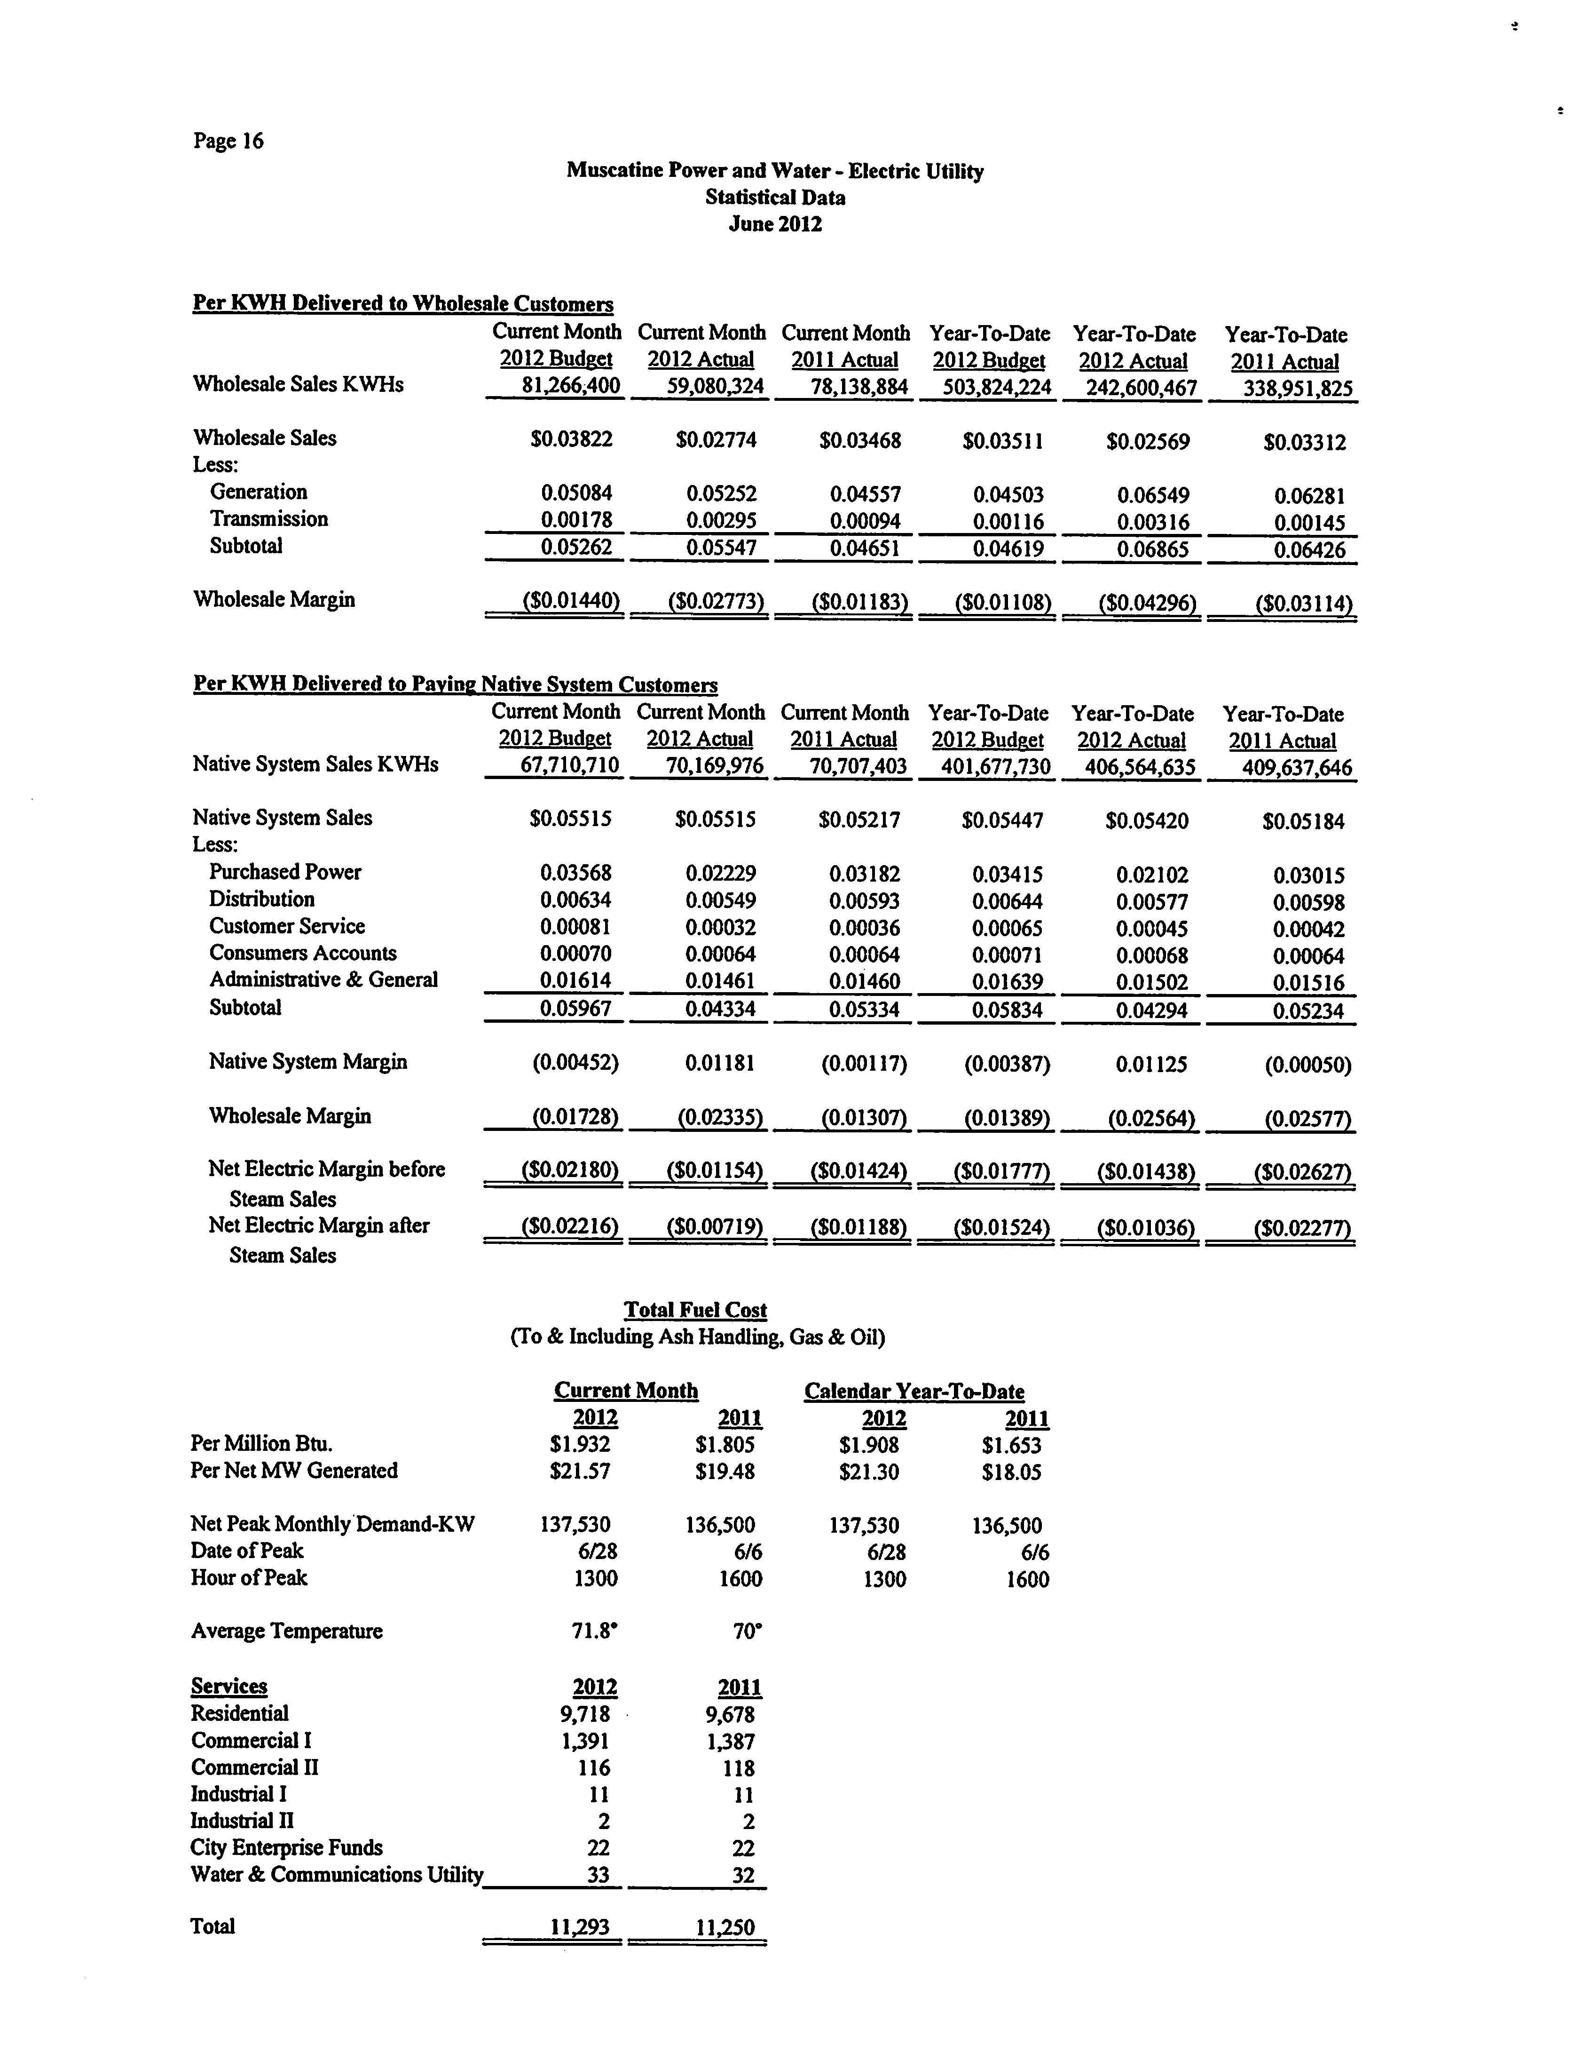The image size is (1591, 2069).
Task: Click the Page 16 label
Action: [x=228, y=141]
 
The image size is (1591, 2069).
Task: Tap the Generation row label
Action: [x=259, y=492]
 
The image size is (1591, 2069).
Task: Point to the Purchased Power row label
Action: [x=285, y=872]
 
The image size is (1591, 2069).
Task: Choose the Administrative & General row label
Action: [x=324, y=979]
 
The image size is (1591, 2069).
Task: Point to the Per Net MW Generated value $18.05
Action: [x=1011, y=1472]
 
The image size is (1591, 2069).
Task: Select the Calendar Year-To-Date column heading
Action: [x=914, y=1392]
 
